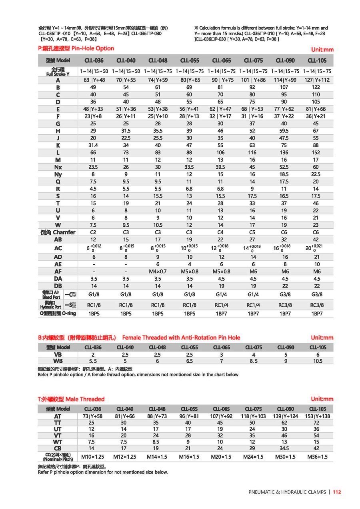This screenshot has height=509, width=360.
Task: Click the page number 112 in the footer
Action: pos(337,492)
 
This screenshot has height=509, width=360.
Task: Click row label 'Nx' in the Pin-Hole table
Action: pos(58,167)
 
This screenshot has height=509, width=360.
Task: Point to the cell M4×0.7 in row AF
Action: pos(158,271)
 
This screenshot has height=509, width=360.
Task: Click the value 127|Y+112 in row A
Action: pos(317,80)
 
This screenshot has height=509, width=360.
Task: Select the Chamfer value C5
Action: pos(252,232)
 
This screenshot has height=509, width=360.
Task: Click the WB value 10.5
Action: pos(318,361)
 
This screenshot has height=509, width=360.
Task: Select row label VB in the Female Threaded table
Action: pos(58,355)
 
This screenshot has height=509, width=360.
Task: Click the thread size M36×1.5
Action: pos(317,457)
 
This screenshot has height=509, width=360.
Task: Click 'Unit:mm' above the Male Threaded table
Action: pos(322,399)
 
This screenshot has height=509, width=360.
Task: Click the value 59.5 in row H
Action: pos(284,131)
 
